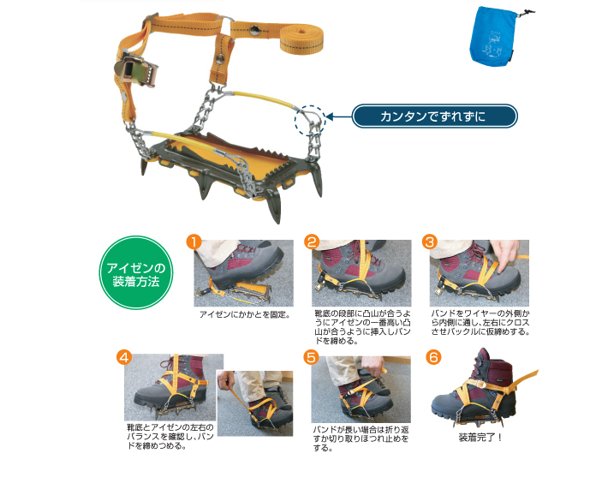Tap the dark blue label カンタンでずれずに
pyautogui.click(x=434, y=116)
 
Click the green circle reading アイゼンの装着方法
pyautogui.click(x=136, y=272)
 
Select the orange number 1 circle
pyautogui.click(x=194, y=242)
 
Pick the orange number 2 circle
pyautogui.click(x=312, y=242)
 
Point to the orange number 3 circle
pyautogui.click(x=430, y=242)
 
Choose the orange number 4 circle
pyautogui.click(x=124, y=357)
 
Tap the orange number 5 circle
pyautogui.click(x=311, y=357)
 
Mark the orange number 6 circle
pyautogui.click(x=433, y=357)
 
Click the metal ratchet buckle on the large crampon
pyautogui.click(x=135, y=71)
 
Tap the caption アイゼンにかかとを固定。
pyautogui.click(x=245, y=314)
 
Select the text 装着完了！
pyautogui.click(x=480, y=438)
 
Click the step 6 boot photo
pyautogui.click(x=485, y=389)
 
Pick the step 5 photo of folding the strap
pyautogui.click(x=361, y=390)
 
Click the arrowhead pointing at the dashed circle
pyautogui.click(x=329, y=116)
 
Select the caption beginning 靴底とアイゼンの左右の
pyautogui.click(x=170, y=437)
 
